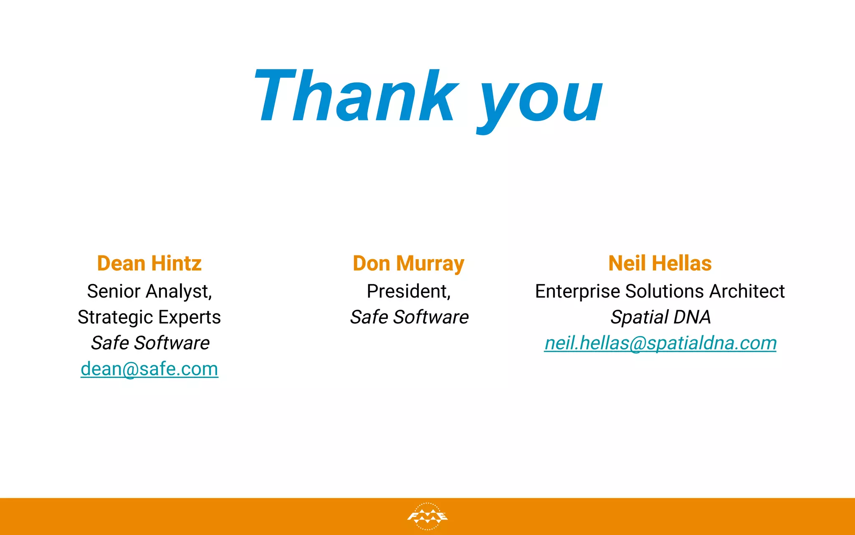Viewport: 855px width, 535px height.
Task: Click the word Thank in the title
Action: click(357, 96)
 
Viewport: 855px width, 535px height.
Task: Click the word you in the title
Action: click(541, 100)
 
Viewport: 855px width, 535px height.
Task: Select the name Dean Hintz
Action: click(149, 263)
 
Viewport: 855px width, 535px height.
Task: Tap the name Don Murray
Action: click(408, 264)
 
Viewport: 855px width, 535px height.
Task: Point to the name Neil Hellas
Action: click(660, 263)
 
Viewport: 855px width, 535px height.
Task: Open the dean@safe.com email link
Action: click(149, 369)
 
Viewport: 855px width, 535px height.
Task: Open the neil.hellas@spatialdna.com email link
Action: click(660, 343)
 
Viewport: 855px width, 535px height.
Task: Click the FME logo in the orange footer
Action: click(427, 517)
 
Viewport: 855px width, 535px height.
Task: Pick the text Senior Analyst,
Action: click(149, 291)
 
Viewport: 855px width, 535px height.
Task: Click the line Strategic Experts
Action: click(149, 317)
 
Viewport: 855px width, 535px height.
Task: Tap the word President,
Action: click(409, 291)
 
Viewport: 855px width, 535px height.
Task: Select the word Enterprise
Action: click(577, 291)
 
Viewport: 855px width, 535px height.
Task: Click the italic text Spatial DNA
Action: click(660, 317)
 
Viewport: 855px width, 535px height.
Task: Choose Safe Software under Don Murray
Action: click(409, 317)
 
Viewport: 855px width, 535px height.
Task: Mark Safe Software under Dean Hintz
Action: click(150, 343)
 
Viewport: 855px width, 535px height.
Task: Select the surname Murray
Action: click(430, 264)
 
